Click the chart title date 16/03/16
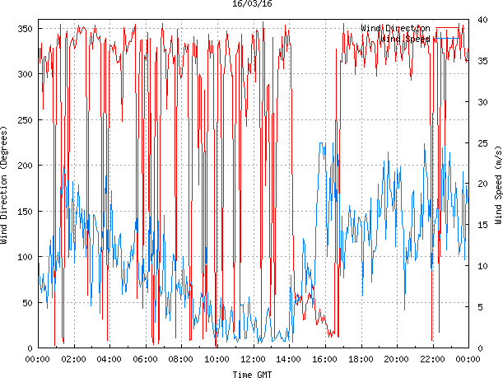252,4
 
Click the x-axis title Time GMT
252,374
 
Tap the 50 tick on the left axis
25,303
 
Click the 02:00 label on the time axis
73,359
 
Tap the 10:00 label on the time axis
217,359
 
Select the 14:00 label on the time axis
288,359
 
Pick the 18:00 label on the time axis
361,359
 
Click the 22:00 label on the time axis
432,359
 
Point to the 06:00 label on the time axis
145,359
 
